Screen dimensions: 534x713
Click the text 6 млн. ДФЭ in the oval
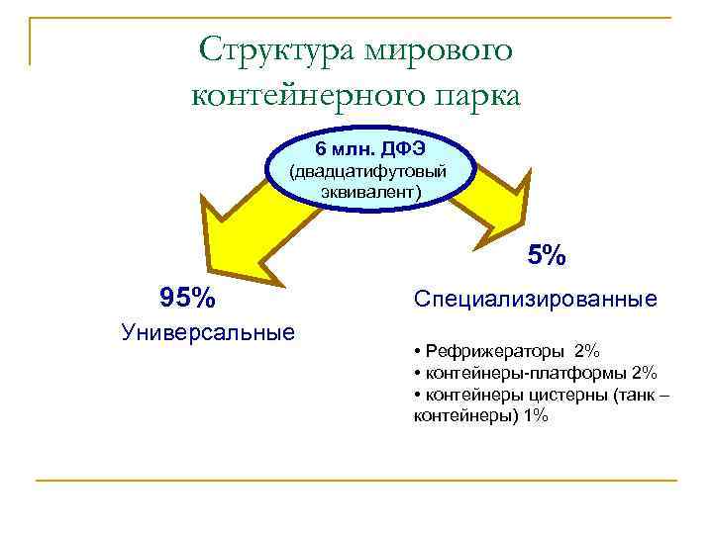(370, 148)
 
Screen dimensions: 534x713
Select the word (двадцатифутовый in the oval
(366, 170)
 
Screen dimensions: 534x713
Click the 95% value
(187, 297)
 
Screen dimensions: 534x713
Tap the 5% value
(546, 256)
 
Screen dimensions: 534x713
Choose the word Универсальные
(208, 331)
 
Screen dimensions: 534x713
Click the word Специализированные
(535, 298)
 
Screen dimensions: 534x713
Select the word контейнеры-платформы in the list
(525, 373)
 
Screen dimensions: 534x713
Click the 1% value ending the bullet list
(536, 416)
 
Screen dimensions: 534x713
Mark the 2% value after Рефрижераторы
(586, 352)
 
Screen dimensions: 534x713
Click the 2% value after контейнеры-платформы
(644, 373)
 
